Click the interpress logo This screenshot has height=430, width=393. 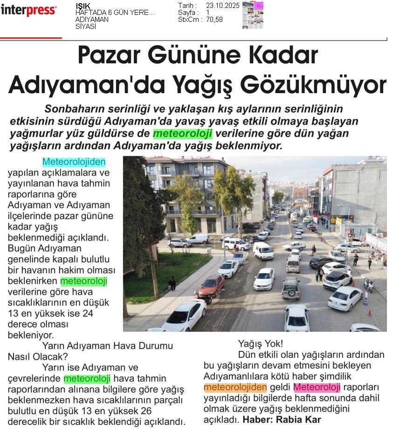28,10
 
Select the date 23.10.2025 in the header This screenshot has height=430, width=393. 222,6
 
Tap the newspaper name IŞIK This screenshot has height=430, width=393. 83,6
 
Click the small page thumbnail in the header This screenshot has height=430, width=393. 253,15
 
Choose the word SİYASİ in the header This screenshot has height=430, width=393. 86,27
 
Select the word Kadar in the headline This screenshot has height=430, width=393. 287,55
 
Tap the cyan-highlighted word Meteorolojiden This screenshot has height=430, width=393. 74,162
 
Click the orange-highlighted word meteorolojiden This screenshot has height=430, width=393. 235,387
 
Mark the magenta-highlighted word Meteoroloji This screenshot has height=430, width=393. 317,387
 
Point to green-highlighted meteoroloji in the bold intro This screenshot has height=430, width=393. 183,134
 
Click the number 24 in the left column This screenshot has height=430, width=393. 87,313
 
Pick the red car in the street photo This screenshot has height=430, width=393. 212,285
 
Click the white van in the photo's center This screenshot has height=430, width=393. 263,251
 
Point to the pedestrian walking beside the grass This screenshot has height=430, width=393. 172,283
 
